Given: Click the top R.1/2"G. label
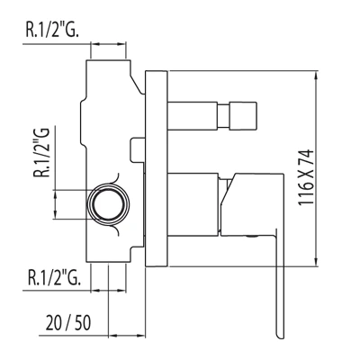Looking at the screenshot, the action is point(52,30).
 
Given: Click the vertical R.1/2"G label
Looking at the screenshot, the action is point(41,152).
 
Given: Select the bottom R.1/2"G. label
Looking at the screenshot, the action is point(54,277).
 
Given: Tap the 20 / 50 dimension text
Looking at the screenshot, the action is point(68,322).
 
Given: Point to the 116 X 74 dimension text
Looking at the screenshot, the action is point(306,177).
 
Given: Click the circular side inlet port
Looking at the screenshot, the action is point(108,204).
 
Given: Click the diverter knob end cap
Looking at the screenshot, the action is point(244,116).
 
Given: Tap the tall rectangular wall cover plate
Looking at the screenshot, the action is point(156,168).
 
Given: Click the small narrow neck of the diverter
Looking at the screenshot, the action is point(224,116).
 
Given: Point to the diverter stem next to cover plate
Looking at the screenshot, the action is point(193,116).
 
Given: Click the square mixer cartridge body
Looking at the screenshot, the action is point(193,204).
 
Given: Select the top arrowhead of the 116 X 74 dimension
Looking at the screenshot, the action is point(316,76).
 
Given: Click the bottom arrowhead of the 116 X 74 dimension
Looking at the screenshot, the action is point(316,261).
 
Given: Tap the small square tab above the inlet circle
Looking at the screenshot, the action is point(138,150).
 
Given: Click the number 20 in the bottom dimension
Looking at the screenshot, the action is point(53,322).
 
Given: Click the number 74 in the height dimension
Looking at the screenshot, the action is point(306,157).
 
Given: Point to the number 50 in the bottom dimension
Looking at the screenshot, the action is point(82,322).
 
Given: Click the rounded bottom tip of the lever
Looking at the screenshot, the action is point(280,337).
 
